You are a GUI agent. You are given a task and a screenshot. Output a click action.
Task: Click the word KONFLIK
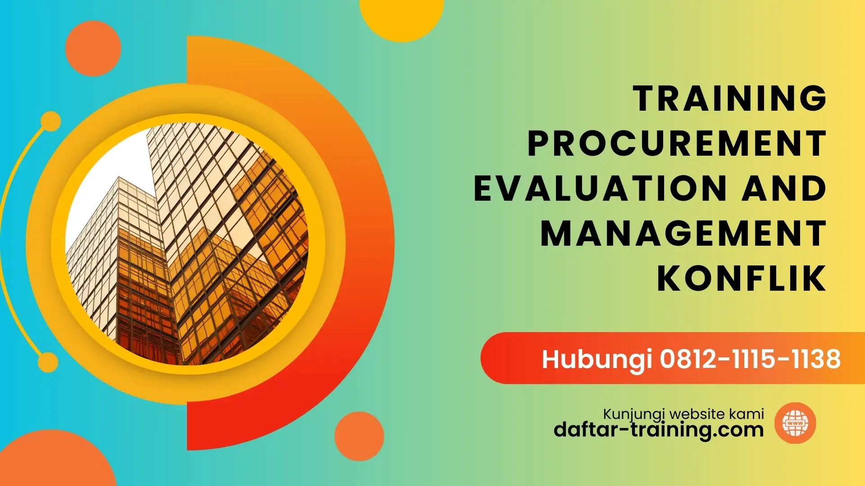(742, 279)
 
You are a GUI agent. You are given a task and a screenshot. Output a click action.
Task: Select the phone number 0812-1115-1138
(750, 359)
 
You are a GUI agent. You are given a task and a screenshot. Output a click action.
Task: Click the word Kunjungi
(635, 414)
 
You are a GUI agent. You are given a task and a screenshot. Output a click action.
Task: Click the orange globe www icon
(795, 423)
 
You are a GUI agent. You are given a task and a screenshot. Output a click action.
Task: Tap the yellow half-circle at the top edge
(402, 18)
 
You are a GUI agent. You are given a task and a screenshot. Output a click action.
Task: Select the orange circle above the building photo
(93, 48)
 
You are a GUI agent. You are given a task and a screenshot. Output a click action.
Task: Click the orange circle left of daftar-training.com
(359, 436)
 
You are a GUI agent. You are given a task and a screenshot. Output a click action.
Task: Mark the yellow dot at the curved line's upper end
(50, 121)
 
